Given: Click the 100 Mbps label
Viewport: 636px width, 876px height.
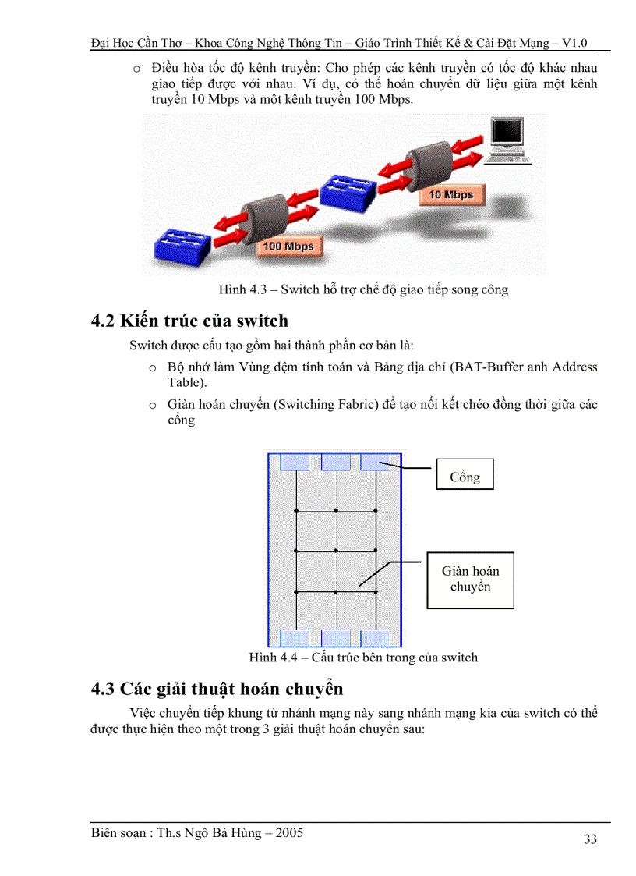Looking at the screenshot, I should click(x=288, y=246).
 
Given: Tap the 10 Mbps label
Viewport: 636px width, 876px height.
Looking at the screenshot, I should click(x=450, y=194).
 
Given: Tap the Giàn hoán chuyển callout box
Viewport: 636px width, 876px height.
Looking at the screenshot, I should click(x=470, y=580).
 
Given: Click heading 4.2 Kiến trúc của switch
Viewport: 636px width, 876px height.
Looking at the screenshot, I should click(x=189, y=321).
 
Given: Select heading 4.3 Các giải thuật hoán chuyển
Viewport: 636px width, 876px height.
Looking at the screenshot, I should click(x=217, y=689).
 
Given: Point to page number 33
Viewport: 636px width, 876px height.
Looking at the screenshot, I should click(x=590, y=839).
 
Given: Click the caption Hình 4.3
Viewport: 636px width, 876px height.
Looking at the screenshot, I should click(x=363, y=289).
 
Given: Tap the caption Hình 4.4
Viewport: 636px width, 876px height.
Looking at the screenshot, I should click(x=363, y=658).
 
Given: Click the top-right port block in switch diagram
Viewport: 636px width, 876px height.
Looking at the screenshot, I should click(x=376, y=462).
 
